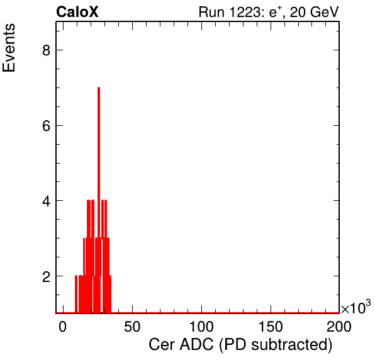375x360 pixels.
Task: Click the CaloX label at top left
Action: pyautogui.click(x=77, y=12)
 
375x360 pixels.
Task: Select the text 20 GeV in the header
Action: pyautogui.click(x=315, y=12)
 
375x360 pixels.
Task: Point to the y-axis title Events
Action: pyautogui.click(x=9, y=48)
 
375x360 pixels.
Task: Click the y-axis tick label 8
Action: pyautogui.click(x=46, y=50)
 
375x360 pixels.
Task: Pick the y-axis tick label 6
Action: pyautogui.click(x=46, y=125)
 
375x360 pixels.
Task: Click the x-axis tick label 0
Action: pyautogui.click(x=63, y=327)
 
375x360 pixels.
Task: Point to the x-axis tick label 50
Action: pyautogui.click(x=132, y=327)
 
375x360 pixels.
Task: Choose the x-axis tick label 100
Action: pyautogui.click(x=201, y=327)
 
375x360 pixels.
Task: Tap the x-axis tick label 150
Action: pyautogui.click(x=271, y=327)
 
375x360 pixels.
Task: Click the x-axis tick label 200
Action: pyautogui.click(x=339, y=327)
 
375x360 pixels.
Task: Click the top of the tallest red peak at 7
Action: pyautogui.click(x=99, y=87)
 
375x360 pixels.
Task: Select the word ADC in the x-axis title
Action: pyautogui.click(x=196, y=345)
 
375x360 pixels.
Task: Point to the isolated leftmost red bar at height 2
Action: pyautogui.click(x=76, y=294)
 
